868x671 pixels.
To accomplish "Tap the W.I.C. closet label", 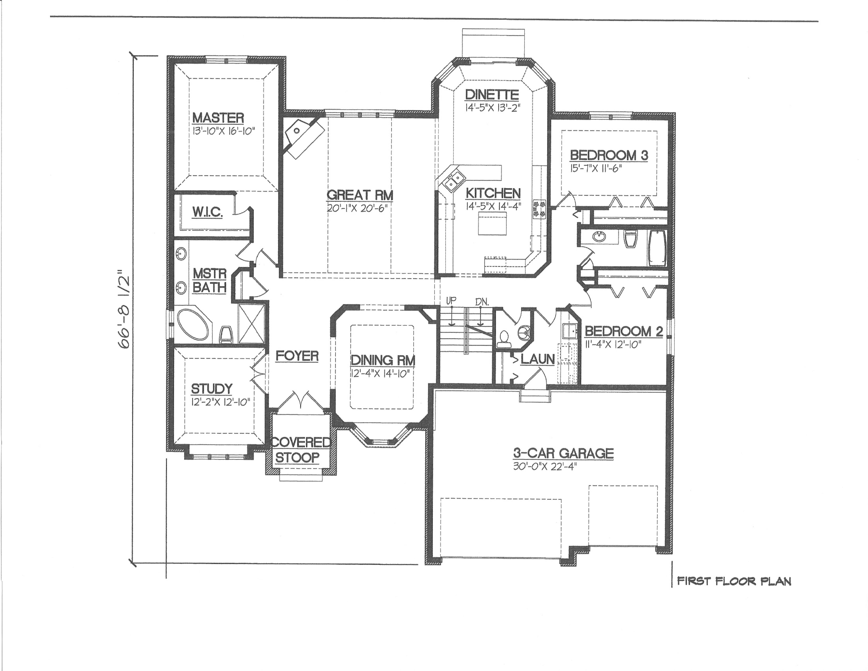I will click(208, 212).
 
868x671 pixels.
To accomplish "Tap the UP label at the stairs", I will click(451, 301).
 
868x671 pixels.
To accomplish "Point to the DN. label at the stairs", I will click(481, 302).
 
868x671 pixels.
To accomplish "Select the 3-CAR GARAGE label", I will click(563, 453).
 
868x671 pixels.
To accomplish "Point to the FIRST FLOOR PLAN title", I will click(734, 582).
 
